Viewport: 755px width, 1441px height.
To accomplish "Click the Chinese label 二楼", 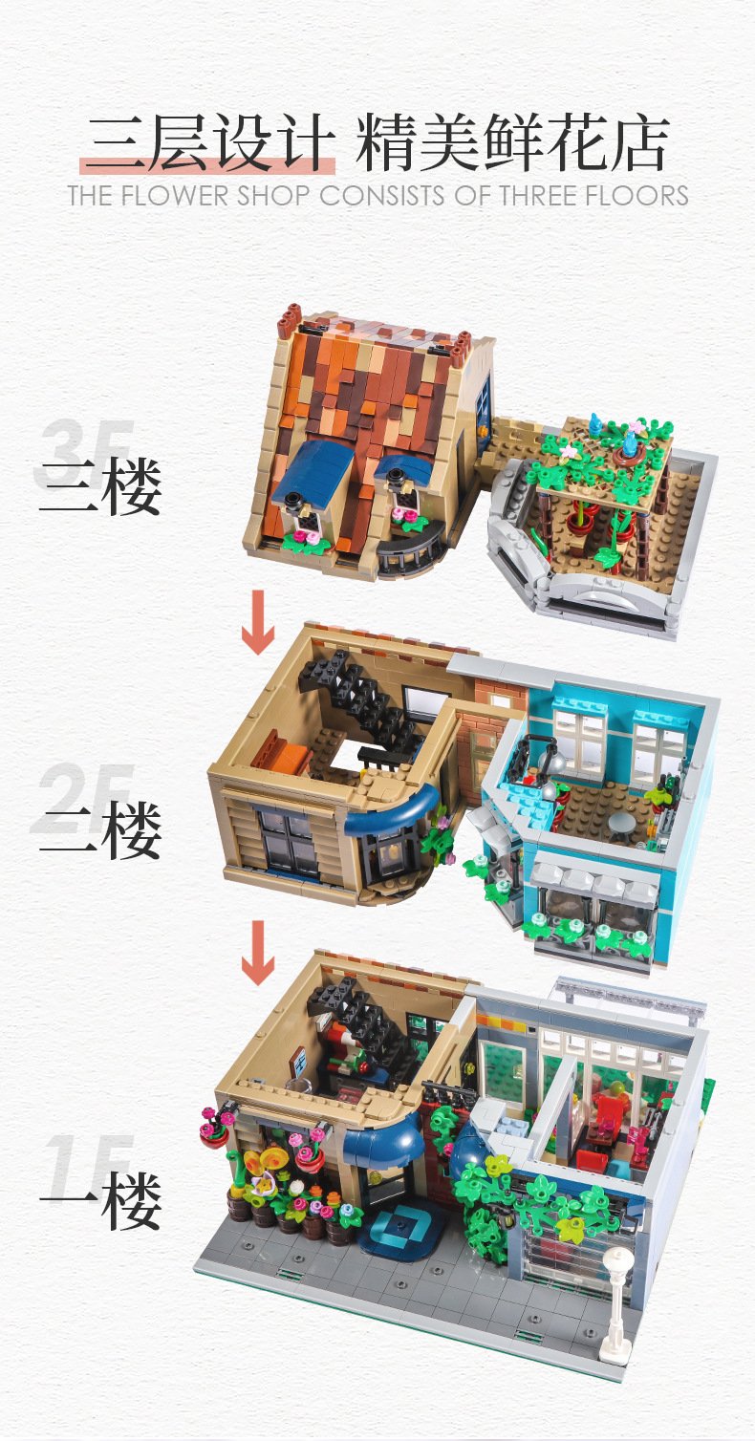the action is point(99,831).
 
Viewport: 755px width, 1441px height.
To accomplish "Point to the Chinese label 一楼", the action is point(99,1201).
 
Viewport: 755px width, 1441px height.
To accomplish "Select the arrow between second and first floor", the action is point(258,952).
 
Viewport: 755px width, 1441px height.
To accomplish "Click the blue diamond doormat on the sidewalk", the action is point(399,1231).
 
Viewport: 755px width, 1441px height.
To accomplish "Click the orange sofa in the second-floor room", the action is point(282,754).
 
